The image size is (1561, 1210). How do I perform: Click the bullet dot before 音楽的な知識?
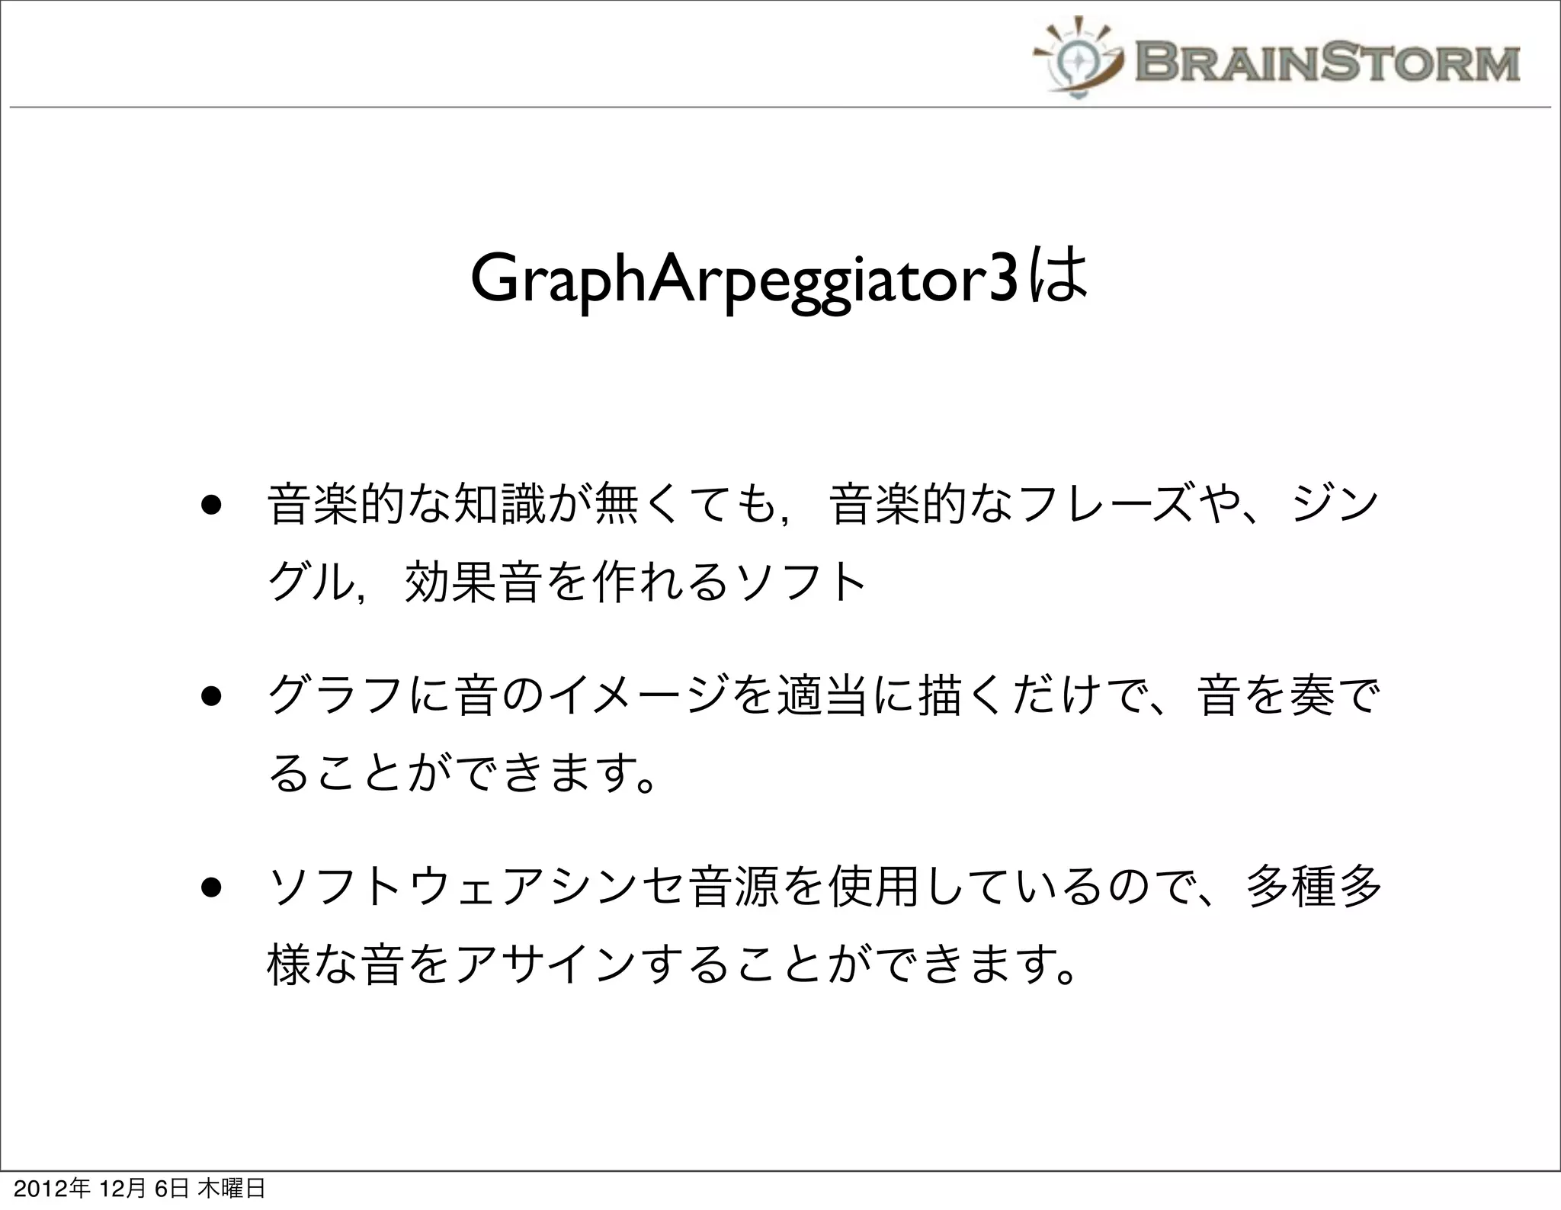click(x=211, y=505)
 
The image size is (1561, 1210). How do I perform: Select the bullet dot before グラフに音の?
click(x=211, y=696)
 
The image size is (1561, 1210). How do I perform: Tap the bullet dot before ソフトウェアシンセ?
click(x=211, y=887)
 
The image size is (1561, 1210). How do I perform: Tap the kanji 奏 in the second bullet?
click(x=1312, y=696)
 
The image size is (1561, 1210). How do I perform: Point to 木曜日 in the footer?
click(x=232, y=1189)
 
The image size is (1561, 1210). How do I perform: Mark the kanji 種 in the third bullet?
click(x=1312, y=887)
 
